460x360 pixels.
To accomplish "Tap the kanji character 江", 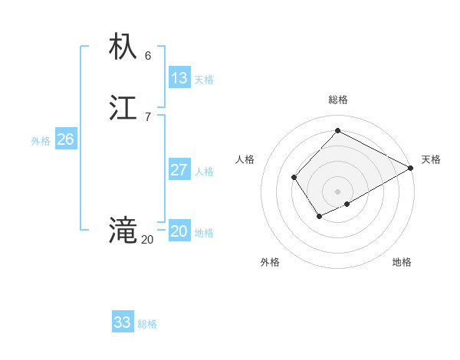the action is [x=123, y=108].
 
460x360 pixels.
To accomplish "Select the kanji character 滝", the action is [x=123, y=231].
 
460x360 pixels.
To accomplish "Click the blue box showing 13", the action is [x=179, y=78].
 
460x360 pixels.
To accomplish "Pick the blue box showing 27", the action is [x=179, y=170].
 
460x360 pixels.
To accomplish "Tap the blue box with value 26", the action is [x=66, y=139].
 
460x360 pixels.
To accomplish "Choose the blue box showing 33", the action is [x=123, y=322].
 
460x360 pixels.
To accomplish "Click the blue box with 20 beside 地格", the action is [x=179, y=231].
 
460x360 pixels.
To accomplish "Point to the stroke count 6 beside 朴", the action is [x=148, y=56].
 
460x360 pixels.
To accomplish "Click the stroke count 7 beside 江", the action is [x=148, y=117].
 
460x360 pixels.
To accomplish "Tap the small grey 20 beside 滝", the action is [x=147, y=240].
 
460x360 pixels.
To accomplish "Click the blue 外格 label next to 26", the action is [x=41, y=141].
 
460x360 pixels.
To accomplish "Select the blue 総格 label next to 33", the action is [x=147, y=325].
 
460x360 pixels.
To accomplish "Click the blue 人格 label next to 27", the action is [x=205, y=172].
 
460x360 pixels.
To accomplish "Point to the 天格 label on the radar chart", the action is [x=431, y=159].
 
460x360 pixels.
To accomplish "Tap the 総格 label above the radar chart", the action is [x=338, y=100].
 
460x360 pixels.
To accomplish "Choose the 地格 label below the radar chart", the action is [x=402, y=263].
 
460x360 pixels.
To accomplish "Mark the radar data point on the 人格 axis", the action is [x=294, y=178].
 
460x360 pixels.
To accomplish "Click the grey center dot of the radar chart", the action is [x=338, y=191].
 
